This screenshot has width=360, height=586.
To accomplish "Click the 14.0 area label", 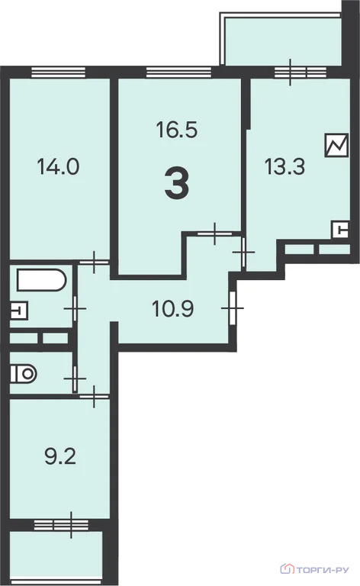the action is click(x=58, y=166).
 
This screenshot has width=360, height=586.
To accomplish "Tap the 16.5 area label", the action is click(x=177, y=130).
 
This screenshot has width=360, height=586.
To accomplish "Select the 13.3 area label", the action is click(x=284, y=166).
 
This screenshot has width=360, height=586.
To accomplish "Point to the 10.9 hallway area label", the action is click(x=172, y=309).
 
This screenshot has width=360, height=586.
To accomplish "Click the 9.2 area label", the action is click(x=60, y=456).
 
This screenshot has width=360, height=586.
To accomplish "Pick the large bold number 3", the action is click(x=177, y=183).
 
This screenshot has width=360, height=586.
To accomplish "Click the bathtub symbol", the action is click(x=41, y=279).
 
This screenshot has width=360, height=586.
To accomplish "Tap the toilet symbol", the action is click(x=23, y=373).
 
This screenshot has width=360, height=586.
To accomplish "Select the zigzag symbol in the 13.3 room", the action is click(x=337, y=145).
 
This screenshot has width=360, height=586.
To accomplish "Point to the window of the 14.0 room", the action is click(x=58, y=72).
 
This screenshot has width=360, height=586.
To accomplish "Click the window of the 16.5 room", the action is click(x=179, y=72).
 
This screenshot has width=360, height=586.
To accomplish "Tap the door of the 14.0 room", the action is click(x=94, y=262).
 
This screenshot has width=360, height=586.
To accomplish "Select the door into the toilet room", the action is click(x=75, y=378).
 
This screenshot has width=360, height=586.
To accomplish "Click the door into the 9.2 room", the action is click(x=94, y=396).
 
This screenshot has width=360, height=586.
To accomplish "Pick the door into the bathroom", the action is click(x=75, y=309).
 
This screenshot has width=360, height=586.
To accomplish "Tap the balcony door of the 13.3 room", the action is click(x=291, y=72).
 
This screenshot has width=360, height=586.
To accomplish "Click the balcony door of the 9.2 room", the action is click(x=72, y=525).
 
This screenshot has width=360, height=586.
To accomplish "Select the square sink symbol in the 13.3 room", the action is click(x=341, y=230).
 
